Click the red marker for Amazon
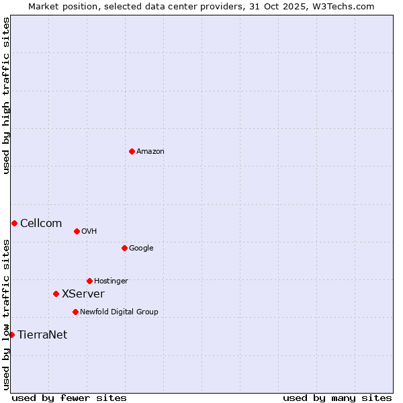(x=132, y=151)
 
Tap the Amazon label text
(x=150, y=152)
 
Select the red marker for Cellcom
(x=14, y=223)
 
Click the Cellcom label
(x=41, y=224)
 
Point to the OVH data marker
(x=77, y=231)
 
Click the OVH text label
(x=89, y=232)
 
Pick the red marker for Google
(x=124, y=248)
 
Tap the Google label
(x=141, y=249)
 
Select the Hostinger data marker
(x=89, y=281)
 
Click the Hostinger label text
(x=111, y=281)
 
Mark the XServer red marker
(x=56, y=294)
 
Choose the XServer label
(x=83, y=294)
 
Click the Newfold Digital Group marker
(x=75, y=312)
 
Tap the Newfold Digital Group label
(x=119, y=312)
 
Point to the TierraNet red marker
(x=11, y=334)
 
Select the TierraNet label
(x=42, y=335)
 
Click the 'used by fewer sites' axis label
(x=69, y=398)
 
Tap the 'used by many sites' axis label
(x=337, y=398)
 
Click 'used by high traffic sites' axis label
(x=6, y=95)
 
